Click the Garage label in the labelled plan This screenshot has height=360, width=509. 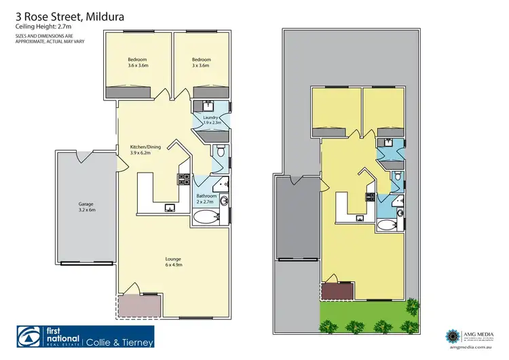click(85, 207)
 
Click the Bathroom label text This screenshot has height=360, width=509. click(206, 199)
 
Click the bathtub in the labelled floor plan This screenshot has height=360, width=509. click(206, 218)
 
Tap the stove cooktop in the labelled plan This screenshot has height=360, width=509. click(183, 179)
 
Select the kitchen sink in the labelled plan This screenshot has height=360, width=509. click(170, 208)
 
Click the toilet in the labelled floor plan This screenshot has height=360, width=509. click(219, 151)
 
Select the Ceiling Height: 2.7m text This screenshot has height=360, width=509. click(41, 26)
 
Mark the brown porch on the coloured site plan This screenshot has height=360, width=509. click(337, 290)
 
